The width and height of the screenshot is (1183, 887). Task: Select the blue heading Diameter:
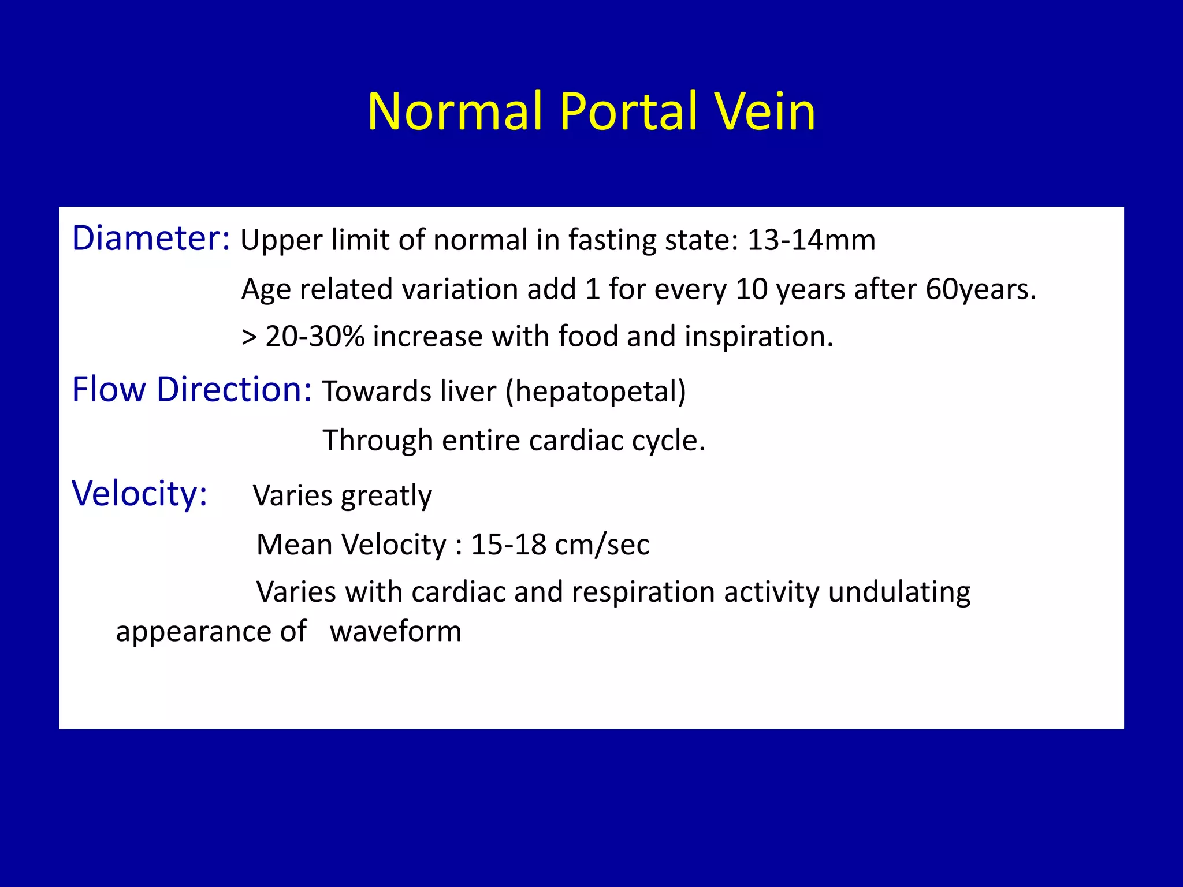(151, 238)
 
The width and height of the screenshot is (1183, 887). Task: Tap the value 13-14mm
(811, 240)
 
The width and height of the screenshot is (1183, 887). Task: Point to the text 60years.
(981, 289)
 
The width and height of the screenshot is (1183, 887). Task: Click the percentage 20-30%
(315, 337)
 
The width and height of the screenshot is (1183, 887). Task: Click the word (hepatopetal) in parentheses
(596, 392)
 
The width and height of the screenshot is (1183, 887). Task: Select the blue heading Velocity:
(139, 494)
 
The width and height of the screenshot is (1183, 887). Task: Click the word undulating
(899, 592)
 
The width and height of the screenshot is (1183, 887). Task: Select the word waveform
(396, 632)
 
